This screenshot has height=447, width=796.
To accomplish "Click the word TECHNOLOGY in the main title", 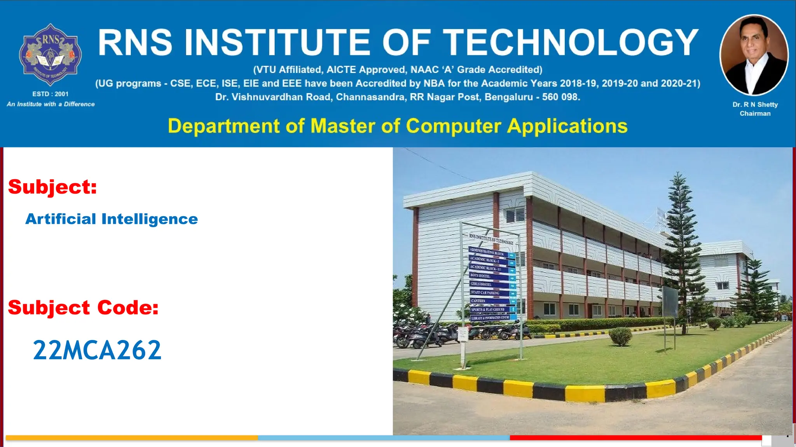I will click(571, 43).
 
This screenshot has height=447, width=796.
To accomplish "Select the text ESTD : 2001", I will click(50, 94).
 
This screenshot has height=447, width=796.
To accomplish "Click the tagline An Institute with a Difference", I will click(51, 104).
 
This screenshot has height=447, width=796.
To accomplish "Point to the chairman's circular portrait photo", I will click(754, 55).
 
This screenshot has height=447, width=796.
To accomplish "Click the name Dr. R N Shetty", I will click(755, 104).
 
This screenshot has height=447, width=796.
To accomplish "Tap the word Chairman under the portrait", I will click(755, 113).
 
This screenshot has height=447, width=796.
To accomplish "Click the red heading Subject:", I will click(52, 187).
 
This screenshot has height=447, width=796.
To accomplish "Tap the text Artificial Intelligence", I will click(112, 219).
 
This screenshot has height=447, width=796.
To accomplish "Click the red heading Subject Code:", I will click(83, 307).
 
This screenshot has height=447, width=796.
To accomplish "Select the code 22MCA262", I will click(97, 350).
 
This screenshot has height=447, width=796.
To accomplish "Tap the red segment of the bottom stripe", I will click(635, 438).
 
